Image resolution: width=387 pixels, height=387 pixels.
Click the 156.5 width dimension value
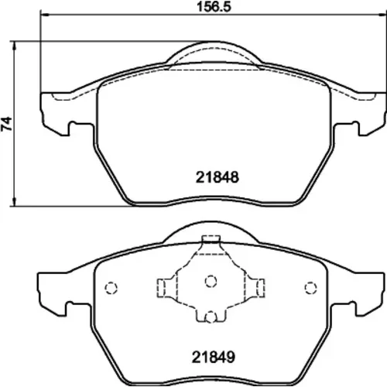coord(214,6)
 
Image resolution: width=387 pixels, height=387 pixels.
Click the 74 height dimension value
coord(7,124)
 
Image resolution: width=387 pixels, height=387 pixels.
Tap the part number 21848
coord(217,177)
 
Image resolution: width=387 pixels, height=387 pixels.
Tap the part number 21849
coord(214,358)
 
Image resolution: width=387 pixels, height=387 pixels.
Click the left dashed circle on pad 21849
coord(111,288)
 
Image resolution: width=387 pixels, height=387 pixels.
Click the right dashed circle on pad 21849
coord(310,288)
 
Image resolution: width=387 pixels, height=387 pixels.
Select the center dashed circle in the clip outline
coord(211,281)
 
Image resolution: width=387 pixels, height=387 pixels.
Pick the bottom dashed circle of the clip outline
coord(211,317)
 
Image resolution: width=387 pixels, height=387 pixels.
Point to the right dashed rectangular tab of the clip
coord(261,288)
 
